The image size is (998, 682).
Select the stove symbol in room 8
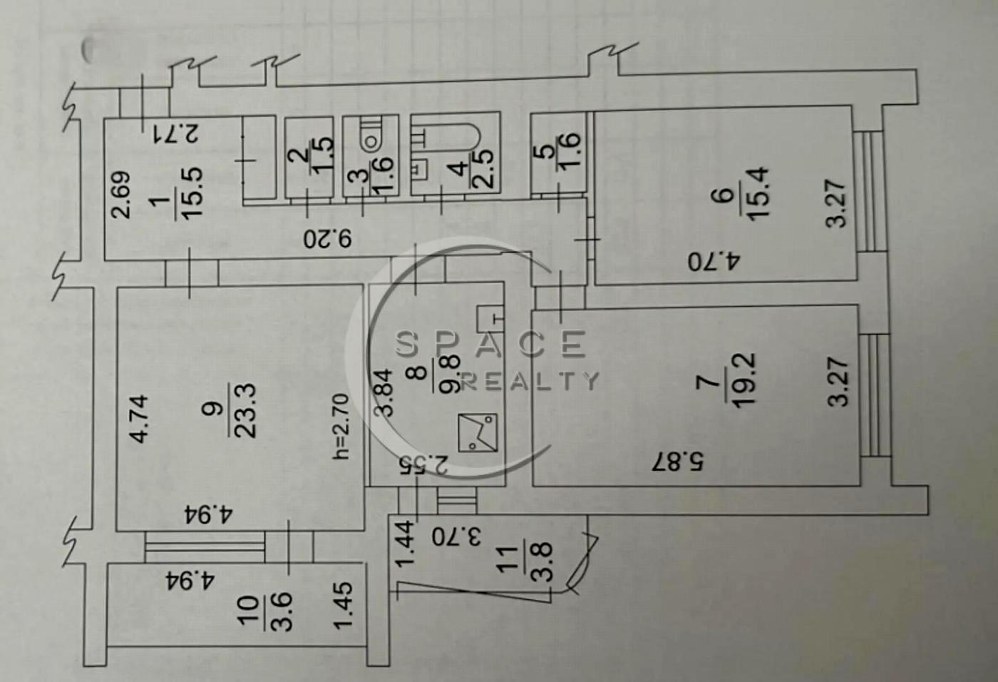[x=478, y=432]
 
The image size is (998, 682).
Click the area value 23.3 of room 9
[x=245, y=410]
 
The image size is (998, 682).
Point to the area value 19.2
[x=744, y=379]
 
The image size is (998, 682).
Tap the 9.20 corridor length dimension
[x=327, y=239]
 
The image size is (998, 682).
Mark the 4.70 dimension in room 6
[x=714, y=262]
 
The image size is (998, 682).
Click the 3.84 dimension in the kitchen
[x=384, y=392]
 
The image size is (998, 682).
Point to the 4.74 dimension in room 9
[x=140, y=419]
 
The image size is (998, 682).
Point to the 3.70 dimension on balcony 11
[x=456, y=537]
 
